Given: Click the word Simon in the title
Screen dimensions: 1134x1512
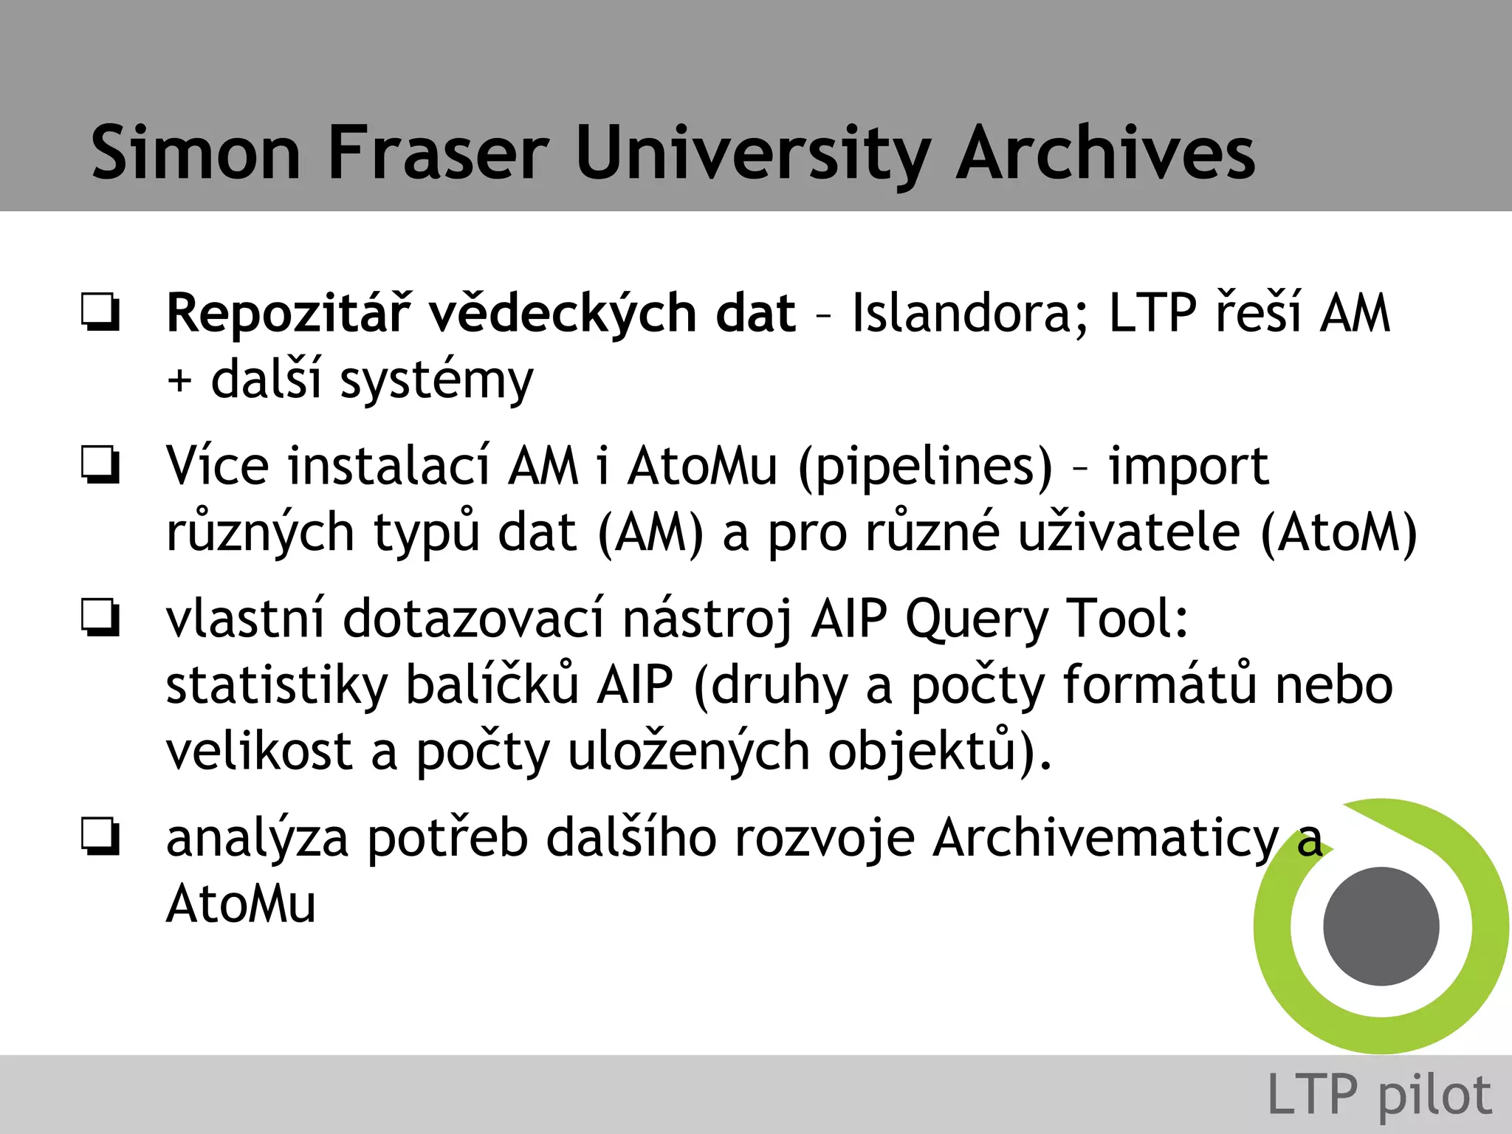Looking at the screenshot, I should pos(196,153).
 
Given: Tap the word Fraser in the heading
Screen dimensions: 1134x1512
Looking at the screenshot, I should pos(439,153).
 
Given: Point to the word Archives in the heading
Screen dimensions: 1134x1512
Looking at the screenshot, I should pos(1105,153).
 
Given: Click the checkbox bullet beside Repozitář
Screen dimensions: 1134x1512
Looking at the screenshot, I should pos(100,312).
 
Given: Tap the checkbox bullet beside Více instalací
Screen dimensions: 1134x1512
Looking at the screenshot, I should pos(100,465).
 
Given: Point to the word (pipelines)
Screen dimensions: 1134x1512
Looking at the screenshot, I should pos(926,467).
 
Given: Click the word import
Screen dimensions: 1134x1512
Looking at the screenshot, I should pos(1189,467).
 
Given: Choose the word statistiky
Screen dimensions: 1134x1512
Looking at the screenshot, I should pos(277,685).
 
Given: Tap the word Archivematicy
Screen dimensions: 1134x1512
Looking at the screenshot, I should pos(1105,839).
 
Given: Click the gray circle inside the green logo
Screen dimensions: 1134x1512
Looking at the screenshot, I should pos(1381,926).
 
